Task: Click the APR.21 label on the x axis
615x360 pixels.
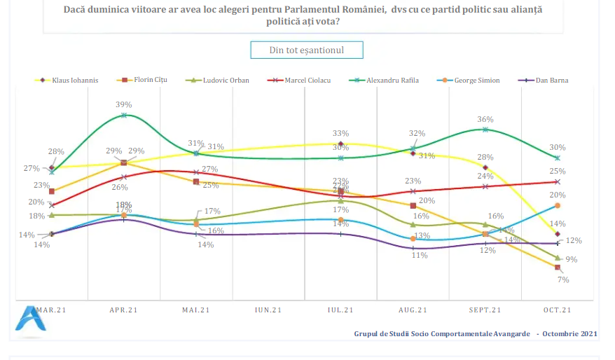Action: tap(124, 310)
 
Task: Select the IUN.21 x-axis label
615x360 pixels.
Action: tap(268, 310)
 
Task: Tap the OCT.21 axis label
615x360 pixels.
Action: tap(558, 310)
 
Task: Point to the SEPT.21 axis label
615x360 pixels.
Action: tap(485, 310)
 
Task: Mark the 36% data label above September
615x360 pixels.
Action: tap(485, 119)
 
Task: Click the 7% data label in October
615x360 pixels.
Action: tap(563, 279)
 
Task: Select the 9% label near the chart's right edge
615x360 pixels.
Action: tap(572, 259)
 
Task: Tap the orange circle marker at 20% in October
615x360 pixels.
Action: tap(558, 205)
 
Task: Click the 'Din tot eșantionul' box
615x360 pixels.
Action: tap(307, 50)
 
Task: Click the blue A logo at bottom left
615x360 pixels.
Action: tap(29, 319)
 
